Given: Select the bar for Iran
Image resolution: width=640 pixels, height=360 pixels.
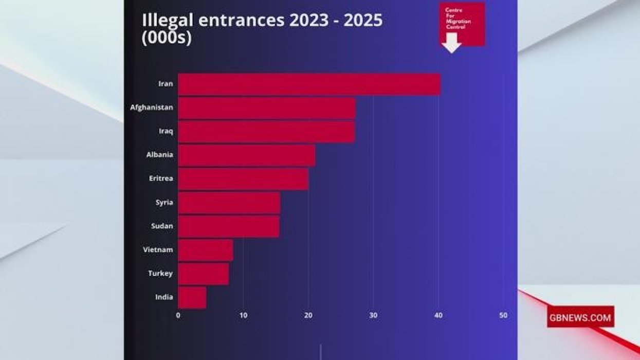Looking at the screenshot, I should click(x=309, y=84).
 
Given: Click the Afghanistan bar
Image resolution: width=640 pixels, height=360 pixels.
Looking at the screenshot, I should click(x=267, y=108).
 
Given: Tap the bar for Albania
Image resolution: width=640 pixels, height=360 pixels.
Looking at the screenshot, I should click(x=247, y=155).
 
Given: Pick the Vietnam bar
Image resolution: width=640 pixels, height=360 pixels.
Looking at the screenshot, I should click(x=206, y=250).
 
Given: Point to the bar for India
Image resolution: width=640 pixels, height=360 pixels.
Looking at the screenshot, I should click(x=192, y=297).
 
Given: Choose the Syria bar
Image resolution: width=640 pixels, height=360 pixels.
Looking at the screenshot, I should click(x=229, y=203).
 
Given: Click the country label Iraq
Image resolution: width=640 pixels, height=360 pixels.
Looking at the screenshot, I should click(x=166, y=132).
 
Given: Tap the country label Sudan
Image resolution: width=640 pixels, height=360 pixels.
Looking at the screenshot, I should click(x=161, y=226).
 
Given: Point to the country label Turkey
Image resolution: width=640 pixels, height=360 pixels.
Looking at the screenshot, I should click(x=160, y=274).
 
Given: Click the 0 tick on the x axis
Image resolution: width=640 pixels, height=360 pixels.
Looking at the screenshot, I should click(x=178, y=315).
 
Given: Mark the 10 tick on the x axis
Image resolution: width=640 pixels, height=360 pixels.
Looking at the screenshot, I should click(x=243, y=315).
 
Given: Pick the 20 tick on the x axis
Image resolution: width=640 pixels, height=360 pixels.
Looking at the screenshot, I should click(x=308, y=315).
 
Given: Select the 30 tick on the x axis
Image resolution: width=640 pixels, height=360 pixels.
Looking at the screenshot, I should click(x=373, y=315).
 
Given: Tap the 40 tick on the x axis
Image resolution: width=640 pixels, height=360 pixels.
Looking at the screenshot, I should click(x=438, y=315).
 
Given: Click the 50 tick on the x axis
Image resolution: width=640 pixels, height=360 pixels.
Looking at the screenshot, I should click(x=503, y=315).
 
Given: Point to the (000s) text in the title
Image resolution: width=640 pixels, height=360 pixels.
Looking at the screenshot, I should click(x=167, y=39).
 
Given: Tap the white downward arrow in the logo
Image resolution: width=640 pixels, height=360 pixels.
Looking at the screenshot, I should click(x=451, y=43).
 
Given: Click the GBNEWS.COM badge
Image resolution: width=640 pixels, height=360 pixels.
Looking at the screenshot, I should click(x=580, y=317).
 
